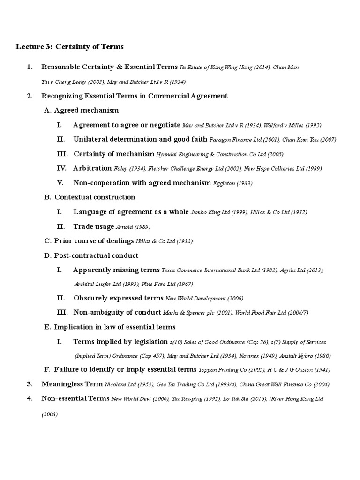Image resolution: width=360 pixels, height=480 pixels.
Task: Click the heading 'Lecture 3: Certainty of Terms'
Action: (70, 46)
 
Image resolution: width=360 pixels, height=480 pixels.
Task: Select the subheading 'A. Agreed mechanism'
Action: (82, 111)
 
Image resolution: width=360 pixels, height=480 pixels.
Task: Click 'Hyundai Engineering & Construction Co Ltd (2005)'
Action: (220, 154)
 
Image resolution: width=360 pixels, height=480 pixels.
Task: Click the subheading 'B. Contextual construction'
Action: (90, 197)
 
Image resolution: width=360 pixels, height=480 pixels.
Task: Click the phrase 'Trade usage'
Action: (93, 227)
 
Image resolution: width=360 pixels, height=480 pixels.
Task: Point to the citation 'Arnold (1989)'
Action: (133, 227)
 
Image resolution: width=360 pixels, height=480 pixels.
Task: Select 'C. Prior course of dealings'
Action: (89, 241)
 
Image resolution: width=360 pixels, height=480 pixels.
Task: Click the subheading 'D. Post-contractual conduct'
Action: (91, 255)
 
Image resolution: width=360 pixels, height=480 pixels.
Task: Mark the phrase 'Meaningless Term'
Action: (72, 384)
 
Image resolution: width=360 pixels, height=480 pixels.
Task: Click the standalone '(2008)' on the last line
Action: (50, 414)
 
